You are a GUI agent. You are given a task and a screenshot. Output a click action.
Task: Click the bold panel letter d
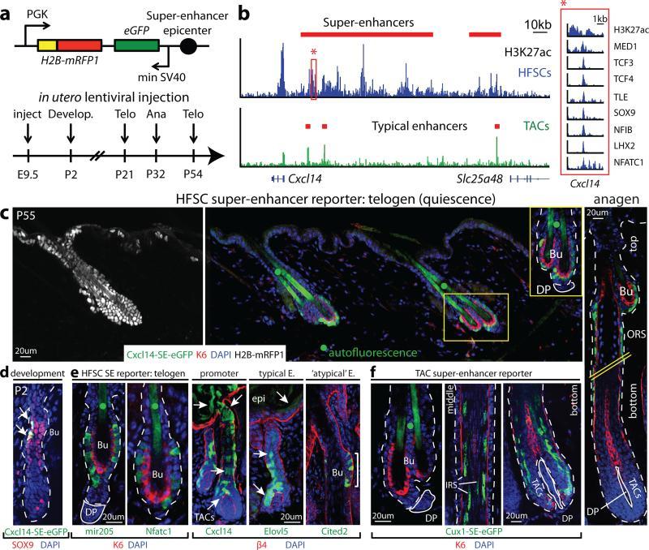[x=6, y=372]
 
